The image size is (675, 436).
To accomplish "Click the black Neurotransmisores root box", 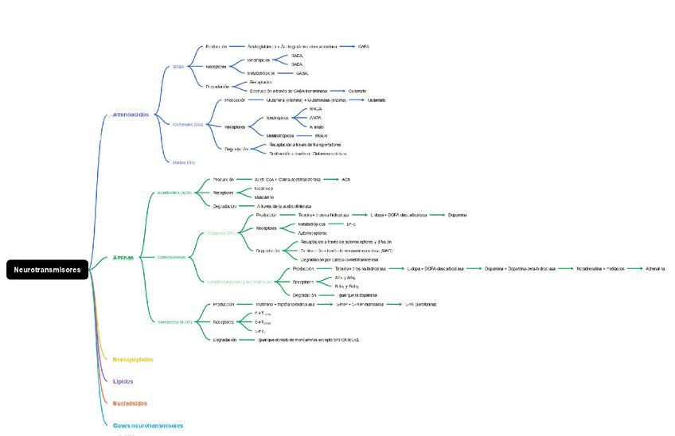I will pyautogui.click(x=47, y=270).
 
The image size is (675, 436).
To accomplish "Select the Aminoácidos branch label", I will pyautogui.click(x=131, y=115).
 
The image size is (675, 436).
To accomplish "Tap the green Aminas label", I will pyautogui.click(x=123, y=258).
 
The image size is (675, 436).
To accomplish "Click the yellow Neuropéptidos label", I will pyautogui.click(x=133, y=360).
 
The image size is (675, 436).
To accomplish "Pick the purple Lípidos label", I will pyautogui.click(x=123, y=381).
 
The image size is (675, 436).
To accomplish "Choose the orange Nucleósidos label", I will pyautogui.click(x=130, y=403).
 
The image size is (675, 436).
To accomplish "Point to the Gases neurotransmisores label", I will pyautogui.click(x=148, y=426).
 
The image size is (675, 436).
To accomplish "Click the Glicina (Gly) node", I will pyautogui.click(x=184, y=162).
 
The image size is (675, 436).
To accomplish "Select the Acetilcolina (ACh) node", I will pyautogui.click(x=175, y=193).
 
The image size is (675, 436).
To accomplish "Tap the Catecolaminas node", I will pyautogui.click(x=172, y=258).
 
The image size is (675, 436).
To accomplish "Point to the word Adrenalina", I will pyautogui.click(x=655, y=269).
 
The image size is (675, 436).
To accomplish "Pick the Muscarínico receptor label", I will pyautogui.click(x=264, y=197).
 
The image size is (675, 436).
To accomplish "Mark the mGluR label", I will pyautogui.click(x=322, y=136).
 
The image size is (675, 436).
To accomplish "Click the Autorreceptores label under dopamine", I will pyautogui.click(x=313, y=233).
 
